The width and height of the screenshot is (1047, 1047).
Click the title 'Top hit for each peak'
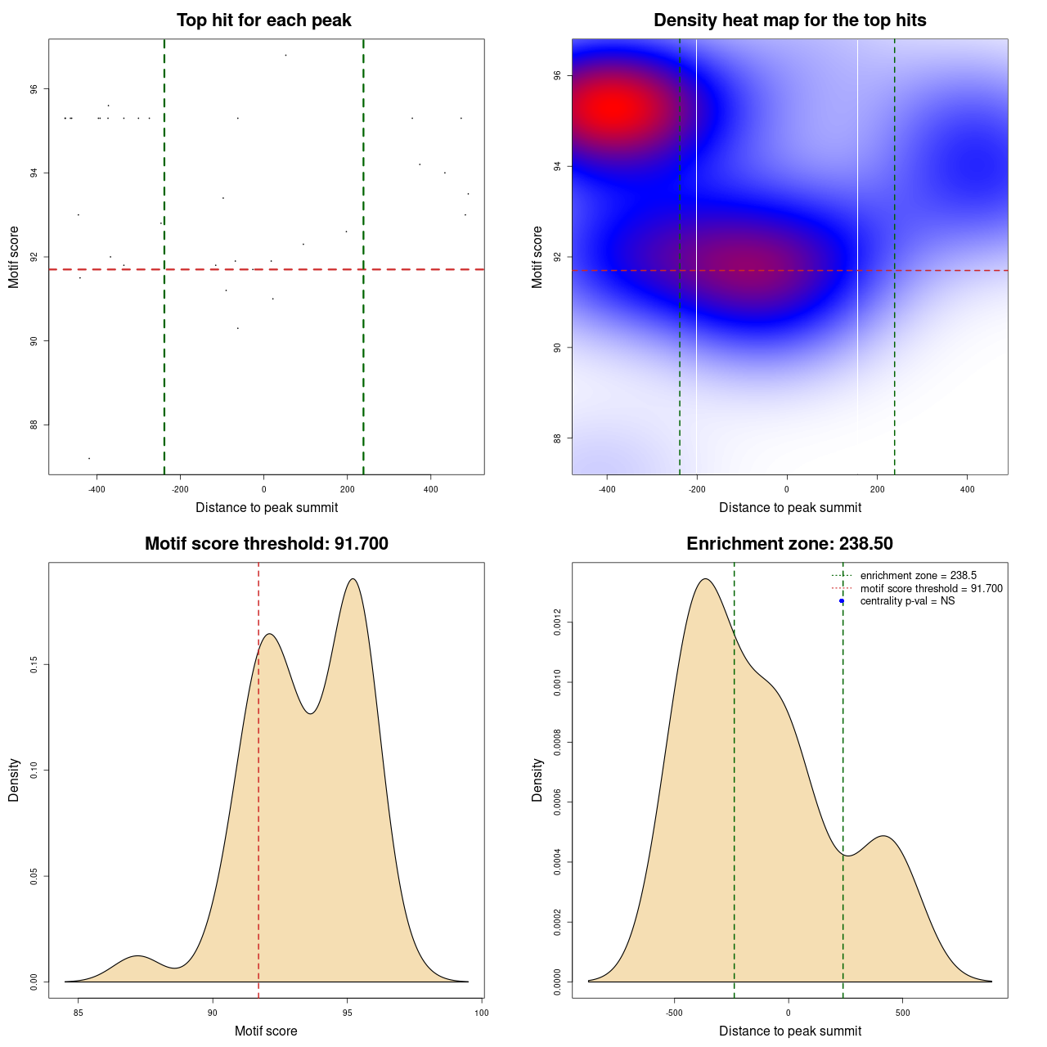pos(263,20)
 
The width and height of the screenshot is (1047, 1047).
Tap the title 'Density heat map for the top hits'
pos(789,20)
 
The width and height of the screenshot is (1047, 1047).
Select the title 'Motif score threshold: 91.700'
pos(266,544)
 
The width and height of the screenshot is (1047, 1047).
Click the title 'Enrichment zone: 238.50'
pos(789,544)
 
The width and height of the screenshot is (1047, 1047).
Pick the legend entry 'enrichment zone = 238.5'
pos(918,576)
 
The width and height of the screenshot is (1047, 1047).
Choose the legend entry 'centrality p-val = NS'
pos(907,601)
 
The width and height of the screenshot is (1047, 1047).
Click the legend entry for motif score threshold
pos(931,589)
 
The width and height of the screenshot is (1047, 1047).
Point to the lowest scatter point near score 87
pos(89,458)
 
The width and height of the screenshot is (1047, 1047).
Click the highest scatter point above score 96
pos(285,55)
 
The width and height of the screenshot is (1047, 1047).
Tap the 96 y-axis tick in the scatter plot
pos(34,89)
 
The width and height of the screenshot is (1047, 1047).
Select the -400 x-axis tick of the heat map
pos(607,489)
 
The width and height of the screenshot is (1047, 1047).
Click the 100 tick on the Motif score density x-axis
pos(481,1013)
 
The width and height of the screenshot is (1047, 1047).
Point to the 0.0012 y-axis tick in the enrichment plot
pos(558,622)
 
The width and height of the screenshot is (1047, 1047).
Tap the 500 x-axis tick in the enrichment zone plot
pos(902,1013)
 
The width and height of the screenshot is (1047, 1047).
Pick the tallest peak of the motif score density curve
pos(353,579)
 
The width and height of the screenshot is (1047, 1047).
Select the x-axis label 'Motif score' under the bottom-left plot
pos(266,1031)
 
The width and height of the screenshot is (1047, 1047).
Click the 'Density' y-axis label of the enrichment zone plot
pos(537,780)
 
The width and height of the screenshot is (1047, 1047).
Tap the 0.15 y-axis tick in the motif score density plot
pos(34,664)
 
